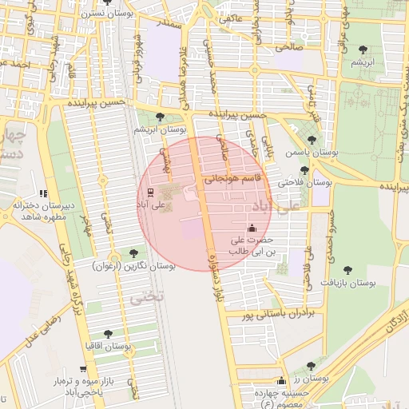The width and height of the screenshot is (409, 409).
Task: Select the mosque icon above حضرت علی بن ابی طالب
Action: [x=252, y=228]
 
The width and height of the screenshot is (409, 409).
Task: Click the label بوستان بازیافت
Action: [x=348, y=283]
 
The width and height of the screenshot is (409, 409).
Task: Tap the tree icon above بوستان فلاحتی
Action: [x=304, y=169]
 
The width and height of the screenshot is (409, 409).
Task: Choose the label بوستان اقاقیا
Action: [x=108, y=347]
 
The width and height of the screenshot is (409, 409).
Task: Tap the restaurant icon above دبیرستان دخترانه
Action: [x=43, y=193]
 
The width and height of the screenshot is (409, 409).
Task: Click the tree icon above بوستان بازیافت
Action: [x=348, y=269]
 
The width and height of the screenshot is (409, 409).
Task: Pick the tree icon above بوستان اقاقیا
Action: [x=108, y=334]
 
